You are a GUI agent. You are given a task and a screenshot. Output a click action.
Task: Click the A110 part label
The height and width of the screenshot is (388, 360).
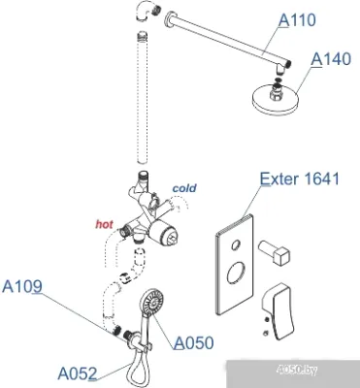coord(297,20)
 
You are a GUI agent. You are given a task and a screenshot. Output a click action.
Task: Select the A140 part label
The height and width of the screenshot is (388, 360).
coord(331,59)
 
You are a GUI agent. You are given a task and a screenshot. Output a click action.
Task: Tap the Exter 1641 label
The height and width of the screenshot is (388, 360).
coord(300,178)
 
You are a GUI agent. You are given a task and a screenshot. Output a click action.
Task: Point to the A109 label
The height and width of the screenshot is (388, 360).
coord(22,286)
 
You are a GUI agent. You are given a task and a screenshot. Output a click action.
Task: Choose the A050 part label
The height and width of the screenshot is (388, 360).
coord(194,342)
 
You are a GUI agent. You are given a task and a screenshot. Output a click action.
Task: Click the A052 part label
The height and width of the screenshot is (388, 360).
coord(78,373)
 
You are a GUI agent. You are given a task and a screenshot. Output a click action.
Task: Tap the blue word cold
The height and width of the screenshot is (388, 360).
coord(184,188)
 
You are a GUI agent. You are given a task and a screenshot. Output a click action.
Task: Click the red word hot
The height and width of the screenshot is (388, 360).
coord(104,224)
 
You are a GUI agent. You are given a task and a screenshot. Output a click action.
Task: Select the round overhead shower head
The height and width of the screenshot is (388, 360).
coord(274,99)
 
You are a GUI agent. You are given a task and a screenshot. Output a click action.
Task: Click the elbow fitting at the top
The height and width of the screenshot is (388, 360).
coord(147,11)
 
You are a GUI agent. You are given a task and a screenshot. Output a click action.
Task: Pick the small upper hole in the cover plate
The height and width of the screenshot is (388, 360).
coord(236,244)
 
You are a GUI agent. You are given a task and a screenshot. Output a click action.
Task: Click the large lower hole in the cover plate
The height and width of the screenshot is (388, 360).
coord(236,273)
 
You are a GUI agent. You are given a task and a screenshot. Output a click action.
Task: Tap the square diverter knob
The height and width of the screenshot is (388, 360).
coord(274,252)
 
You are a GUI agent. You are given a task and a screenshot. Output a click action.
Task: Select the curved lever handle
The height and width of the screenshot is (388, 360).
coord(276,312)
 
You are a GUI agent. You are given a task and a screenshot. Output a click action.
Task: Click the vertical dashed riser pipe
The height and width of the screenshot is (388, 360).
coord(143,98)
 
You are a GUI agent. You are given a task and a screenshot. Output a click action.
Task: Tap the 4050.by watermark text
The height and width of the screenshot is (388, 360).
coord(298,370)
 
